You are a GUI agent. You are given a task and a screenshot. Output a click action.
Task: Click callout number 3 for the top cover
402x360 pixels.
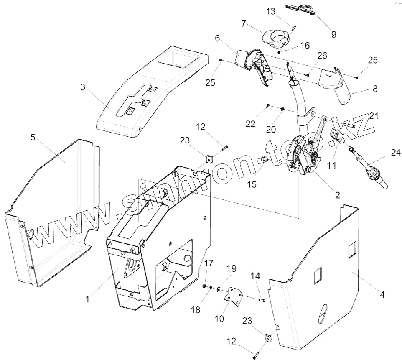tap(83, 87)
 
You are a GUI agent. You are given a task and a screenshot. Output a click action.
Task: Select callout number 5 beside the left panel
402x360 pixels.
tap(33, 137)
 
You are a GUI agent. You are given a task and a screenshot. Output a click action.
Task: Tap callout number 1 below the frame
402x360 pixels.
tap(87, 299)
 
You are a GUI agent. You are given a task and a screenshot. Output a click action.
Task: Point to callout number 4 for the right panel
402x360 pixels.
tap(382, 294)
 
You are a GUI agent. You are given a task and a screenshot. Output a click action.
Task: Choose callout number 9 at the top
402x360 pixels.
tap(333, 33)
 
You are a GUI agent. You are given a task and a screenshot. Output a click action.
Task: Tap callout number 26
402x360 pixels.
tap(322, 56)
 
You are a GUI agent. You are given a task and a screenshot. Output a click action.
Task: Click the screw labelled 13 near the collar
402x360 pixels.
tap(293, 28)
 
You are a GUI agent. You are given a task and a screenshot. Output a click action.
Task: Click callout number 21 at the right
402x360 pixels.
tap(373, 116)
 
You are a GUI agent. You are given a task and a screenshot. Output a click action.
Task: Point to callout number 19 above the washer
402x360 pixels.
tap(231, 268)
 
